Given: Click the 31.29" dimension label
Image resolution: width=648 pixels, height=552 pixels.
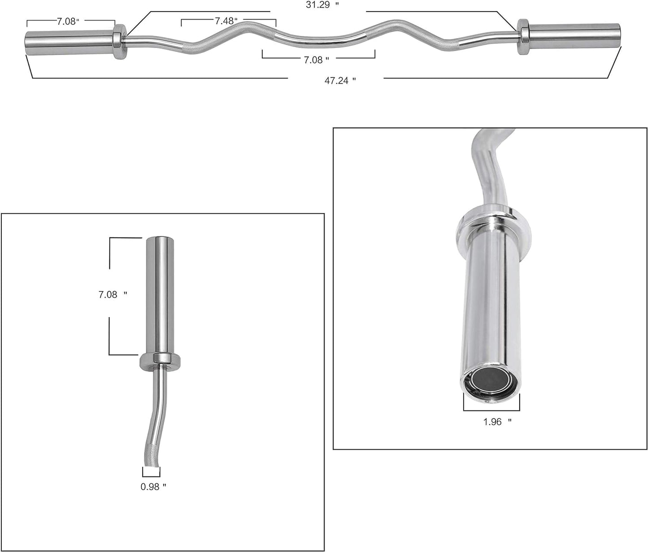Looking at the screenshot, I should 318,5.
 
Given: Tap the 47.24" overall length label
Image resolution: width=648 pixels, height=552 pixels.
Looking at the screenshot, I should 340,81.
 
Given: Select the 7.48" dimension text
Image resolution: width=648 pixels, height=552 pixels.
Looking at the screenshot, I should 226,21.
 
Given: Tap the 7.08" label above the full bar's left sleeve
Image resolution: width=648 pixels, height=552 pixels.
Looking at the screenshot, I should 68,22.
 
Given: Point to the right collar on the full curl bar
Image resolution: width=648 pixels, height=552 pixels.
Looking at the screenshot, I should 523,37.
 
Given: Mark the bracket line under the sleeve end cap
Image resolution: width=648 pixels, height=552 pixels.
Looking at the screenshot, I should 491,410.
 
